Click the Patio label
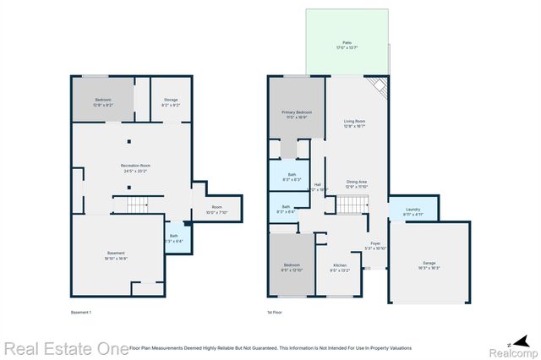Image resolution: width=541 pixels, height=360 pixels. click(x=347, y=45)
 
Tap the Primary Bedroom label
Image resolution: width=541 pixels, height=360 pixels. click(x=297, y=114)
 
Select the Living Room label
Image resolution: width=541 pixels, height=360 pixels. click(x=356, y=123)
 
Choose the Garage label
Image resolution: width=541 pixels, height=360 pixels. click(x=429, y=265)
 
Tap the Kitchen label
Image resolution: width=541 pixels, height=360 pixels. click(x=339, y=268)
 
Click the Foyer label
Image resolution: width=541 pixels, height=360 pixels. click(x=375, y=246)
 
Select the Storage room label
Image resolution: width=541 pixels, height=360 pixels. click(x=170, y=102)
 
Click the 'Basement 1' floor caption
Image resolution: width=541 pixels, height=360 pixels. click(x=81, y=313)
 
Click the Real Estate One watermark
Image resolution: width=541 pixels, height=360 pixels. click(x=64, y=347)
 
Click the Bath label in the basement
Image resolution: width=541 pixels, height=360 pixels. click(x=174, y=238)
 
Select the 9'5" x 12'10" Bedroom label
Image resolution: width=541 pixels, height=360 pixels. click(x=291, y=268)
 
